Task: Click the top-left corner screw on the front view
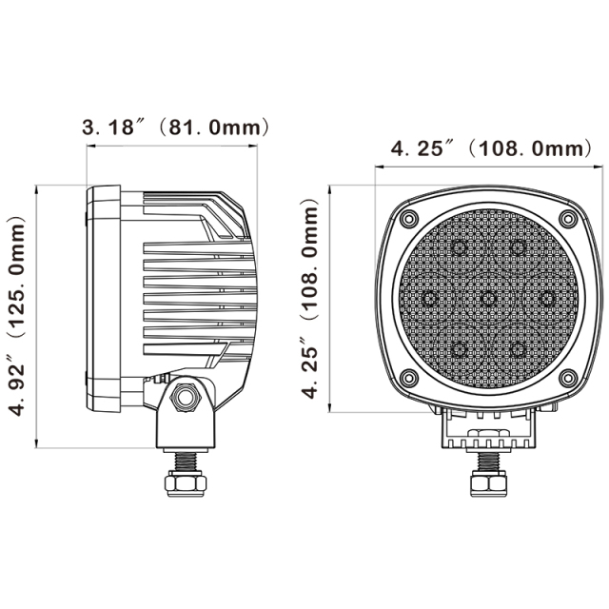(407, 220)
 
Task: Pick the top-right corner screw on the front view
(568, 220)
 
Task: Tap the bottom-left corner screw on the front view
(407, 380)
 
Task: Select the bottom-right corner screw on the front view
(568, 380)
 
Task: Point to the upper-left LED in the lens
(459, 249)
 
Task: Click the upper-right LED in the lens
(518, 249)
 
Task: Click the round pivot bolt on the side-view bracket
(185, 395)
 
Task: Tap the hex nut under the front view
(487, 484)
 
